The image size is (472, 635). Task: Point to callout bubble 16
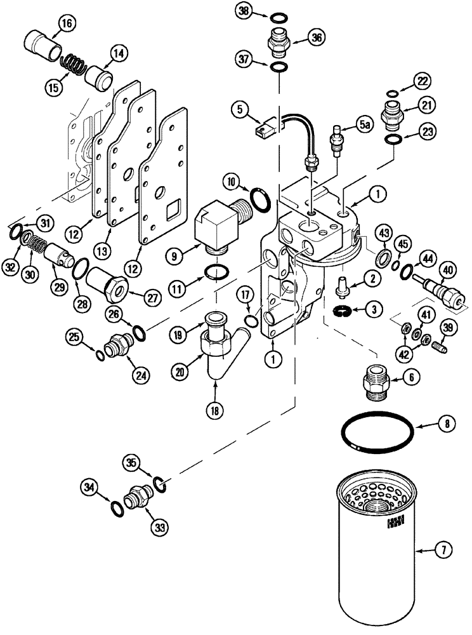click(x=67, y=25)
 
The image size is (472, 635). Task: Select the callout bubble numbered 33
click(x=153, y=526)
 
